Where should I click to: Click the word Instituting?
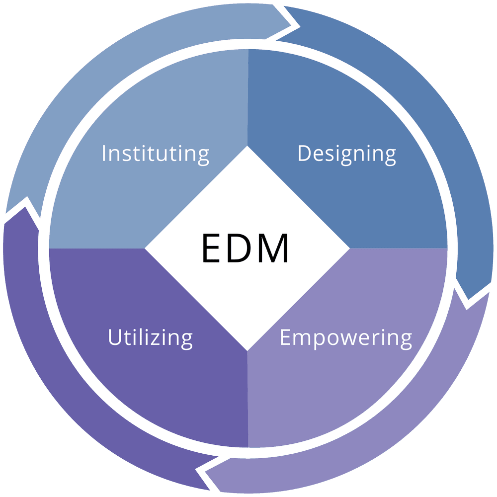click(155, 154)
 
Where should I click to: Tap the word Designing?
click(346, 154)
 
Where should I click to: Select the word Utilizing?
click(150, 338)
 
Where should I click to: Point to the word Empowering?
click(345, 338)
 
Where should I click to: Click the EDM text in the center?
click(245, 248)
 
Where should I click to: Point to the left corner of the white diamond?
click(145, 248)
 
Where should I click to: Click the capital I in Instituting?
click(104, 154)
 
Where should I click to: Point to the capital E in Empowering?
click(285, 337)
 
